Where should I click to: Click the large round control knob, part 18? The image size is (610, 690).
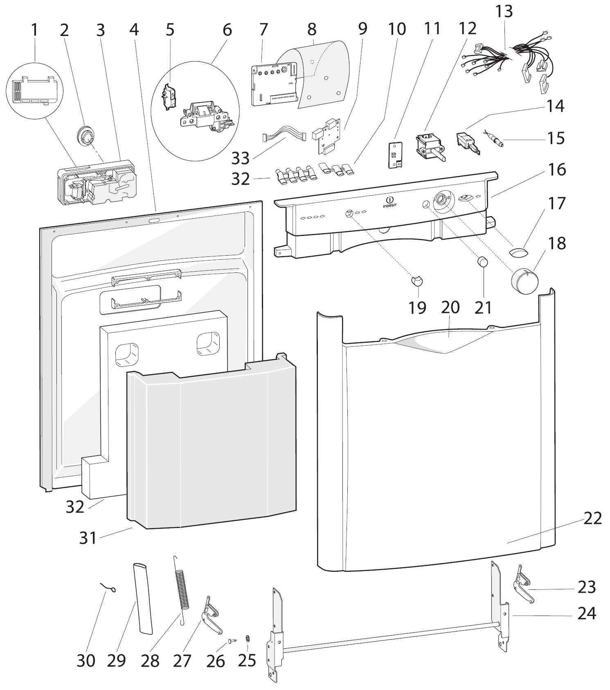tap(524, 281)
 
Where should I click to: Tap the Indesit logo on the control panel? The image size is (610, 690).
tap(389, 202)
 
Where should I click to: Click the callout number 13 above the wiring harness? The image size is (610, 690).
tap(504, 11)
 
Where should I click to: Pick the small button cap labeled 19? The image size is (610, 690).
tap(417, 281)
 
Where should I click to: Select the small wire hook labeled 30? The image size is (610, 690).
tap(109, 589)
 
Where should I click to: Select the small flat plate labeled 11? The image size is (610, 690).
tap(394, 155)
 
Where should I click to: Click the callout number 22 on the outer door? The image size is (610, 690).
tap(592, 518)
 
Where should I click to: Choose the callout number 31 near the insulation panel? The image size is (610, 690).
tap(88, 537)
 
